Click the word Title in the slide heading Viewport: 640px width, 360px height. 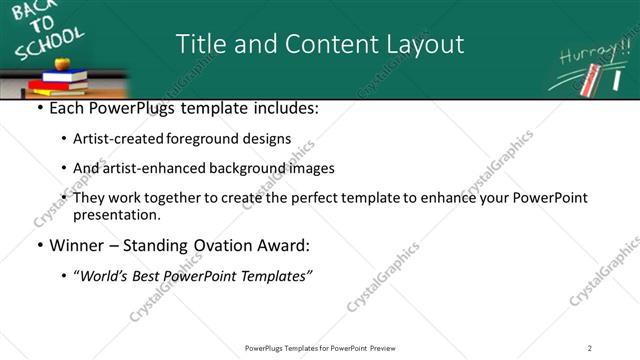(200, 44)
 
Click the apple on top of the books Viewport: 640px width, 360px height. (62, 64)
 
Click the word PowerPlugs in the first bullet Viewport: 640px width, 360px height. (126, 108)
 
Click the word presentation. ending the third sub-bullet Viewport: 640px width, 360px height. (117, 214)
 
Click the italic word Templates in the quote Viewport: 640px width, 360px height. (276, 275)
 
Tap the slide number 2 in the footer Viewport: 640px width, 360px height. (590, 347)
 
